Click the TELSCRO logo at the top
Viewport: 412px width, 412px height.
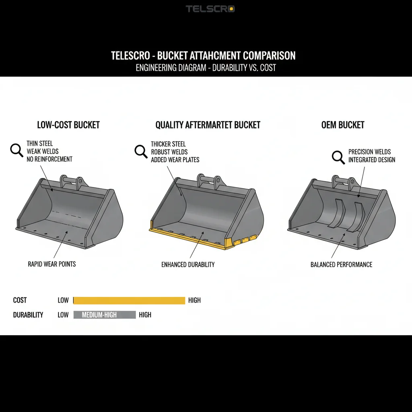210,9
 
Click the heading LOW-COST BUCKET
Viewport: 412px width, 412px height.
68,125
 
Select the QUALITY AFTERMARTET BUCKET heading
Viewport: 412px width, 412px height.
208,125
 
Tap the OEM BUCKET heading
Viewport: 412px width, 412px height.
343,125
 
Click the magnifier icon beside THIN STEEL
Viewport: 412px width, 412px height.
16,150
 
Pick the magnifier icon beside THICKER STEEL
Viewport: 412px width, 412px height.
141,151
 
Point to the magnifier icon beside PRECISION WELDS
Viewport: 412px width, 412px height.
338,157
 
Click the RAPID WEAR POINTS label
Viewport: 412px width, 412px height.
52,264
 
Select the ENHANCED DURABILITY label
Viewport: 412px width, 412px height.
188,264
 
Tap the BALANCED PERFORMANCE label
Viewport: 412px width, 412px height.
341,264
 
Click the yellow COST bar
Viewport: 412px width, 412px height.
129,300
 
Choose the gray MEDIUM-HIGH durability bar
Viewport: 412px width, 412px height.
105,315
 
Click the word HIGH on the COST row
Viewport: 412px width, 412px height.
194,300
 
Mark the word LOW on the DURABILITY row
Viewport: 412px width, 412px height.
63,315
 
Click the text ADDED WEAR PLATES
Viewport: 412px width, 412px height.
175,160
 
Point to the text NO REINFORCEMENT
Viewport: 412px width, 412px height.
49,159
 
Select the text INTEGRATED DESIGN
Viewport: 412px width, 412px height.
372,160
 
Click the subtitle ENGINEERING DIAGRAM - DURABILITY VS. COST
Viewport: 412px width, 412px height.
206,68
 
